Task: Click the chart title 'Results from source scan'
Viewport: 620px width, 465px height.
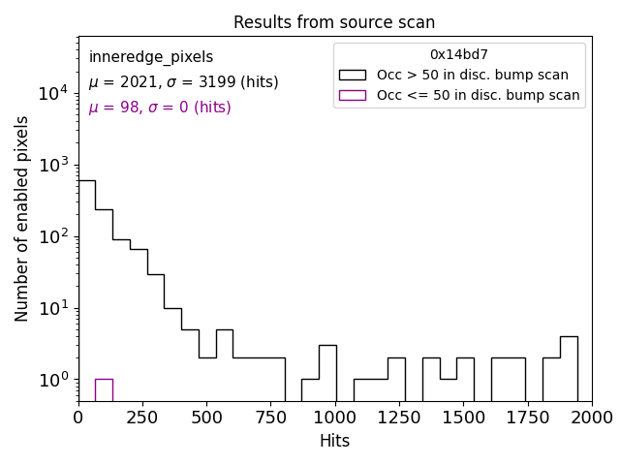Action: pyautogui.click(x=334, y=22)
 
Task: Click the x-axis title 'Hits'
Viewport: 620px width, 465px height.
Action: pyautogui.click(x=334, y=441)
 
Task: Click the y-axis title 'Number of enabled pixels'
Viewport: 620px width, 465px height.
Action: pyautogui.click(x=22, y=219)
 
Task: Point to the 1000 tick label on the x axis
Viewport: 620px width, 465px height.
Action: pyautogui.click(x=335, y=417)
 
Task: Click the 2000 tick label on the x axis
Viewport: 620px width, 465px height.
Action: pyautogui.click(x=591, y=417)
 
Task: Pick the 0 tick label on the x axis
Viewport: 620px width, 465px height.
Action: pyautogui.click(x=78, y=417)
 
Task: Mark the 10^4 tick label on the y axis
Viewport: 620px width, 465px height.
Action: pyautogui.click(x=51, y=93)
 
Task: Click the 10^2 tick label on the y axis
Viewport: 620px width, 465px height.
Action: pyautogui.click(x=51, y=236)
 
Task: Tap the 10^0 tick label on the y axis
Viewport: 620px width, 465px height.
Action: pyautogui.click(x=51, y=380)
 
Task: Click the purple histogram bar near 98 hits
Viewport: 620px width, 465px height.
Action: pyautogui.click(x=104, y=389)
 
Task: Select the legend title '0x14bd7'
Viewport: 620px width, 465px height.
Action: pyautogui.click(x=459, y=55)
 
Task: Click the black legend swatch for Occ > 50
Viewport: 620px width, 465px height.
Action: pyautogui.click(x=352, y=75)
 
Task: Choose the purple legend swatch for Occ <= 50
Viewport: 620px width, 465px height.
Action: pyautogui.click(x=352, y=95)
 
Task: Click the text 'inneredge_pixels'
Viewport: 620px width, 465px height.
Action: pyautogui.click(x=151, y=57)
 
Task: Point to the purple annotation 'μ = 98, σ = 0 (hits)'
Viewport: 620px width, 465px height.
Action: pyautogui.click(x=160, y=108)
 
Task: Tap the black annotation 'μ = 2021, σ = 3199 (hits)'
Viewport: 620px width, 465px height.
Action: pyautogui.click(x=183, y=82)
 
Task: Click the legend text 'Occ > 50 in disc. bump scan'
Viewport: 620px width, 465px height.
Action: pyautogui.click(x=472, y=75)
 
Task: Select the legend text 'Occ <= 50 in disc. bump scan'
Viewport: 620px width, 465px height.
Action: pyautogui.click(x=478, y=95)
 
